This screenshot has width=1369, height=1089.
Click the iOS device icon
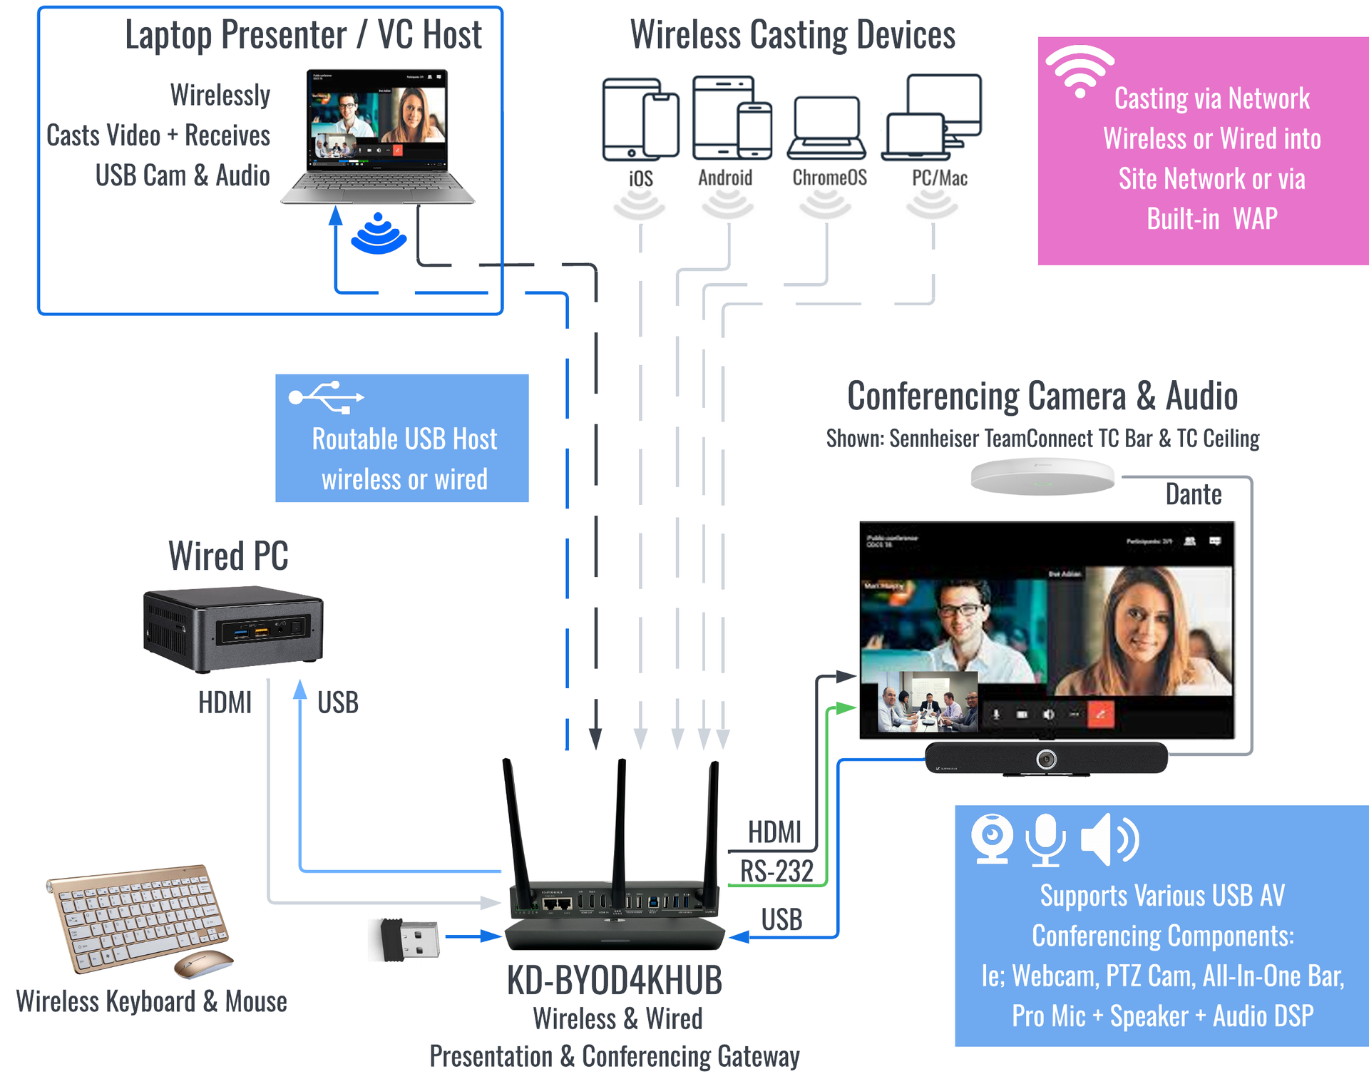click(x=640, y=120)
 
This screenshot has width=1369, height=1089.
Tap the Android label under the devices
click(x=724, y=178)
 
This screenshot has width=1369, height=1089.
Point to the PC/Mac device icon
click(x=932, y=118)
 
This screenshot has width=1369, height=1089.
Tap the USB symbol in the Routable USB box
click(x=327, y=397)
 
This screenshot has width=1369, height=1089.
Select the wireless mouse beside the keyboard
click(x=204, y=963)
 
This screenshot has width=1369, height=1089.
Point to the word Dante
click(x=1193, y=494)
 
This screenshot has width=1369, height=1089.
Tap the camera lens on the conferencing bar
click(x=1046, y=759)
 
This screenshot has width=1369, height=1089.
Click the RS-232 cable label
click(x=776, y=871)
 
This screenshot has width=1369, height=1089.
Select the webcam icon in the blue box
click(x=992, y=838)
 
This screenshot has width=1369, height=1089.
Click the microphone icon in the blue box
click(x=1045, y=839)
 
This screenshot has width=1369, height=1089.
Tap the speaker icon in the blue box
click(x=1109, y=839)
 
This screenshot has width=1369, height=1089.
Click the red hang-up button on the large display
click(x=1100, y=714)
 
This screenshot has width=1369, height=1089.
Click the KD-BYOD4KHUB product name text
click(x=615, y=981)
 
